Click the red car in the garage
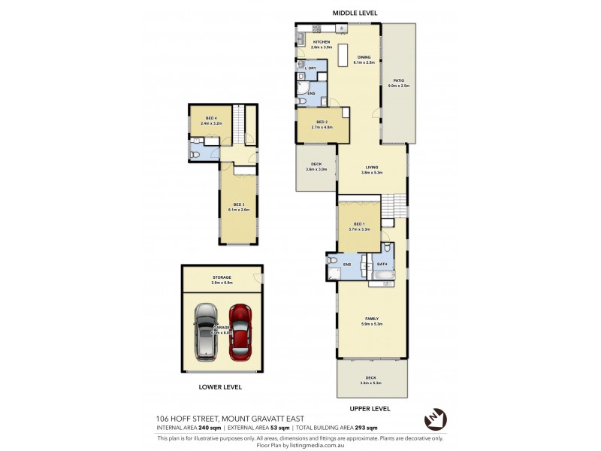click(241, 330)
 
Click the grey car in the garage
click(205, 330)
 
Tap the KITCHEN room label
click(322, 42)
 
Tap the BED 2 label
click(322, 122)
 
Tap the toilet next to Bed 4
click(194, 155)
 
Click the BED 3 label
click(238, 204)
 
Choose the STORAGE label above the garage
click(222, 277)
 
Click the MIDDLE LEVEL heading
click(355, 13)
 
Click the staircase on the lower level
click(240, 124)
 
